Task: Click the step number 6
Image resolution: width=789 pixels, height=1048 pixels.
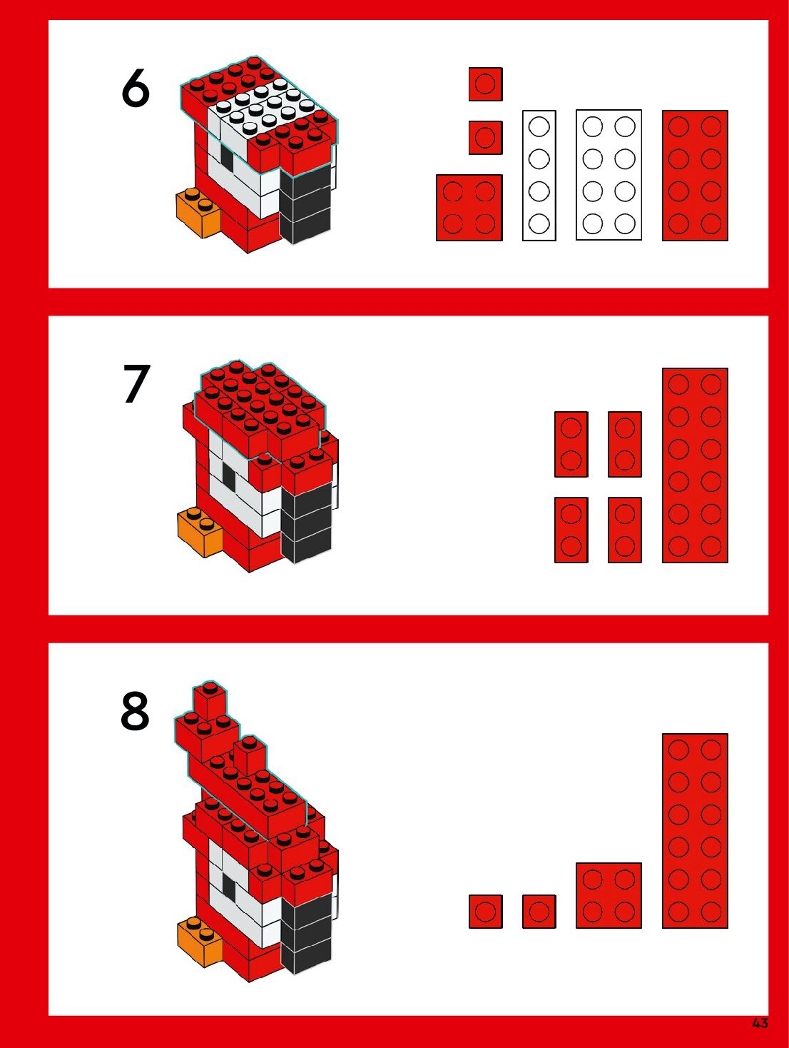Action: click(136, 88)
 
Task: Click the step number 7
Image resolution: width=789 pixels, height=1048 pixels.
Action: click(137, 383)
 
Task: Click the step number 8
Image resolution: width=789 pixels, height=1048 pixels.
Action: click(136, 712)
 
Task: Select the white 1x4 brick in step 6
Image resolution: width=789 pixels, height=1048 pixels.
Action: click(539, 175)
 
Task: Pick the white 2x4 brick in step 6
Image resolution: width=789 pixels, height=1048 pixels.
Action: click(609, 175)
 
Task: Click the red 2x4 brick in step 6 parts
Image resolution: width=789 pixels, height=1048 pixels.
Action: click(695, 175)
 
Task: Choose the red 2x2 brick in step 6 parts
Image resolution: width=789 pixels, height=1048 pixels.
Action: click(469, 208)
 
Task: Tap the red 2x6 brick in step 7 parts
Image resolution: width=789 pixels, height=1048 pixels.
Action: click(695, 465)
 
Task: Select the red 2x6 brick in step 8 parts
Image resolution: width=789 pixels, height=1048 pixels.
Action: click(695, 831)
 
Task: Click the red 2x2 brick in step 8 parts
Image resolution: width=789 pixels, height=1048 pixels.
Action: click(609, 896)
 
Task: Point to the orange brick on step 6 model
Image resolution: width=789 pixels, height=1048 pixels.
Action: click(198, 213)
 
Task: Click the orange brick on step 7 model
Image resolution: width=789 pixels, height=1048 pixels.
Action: click(199, 533)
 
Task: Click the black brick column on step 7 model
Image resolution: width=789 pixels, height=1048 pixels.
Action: click(307, 523)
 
